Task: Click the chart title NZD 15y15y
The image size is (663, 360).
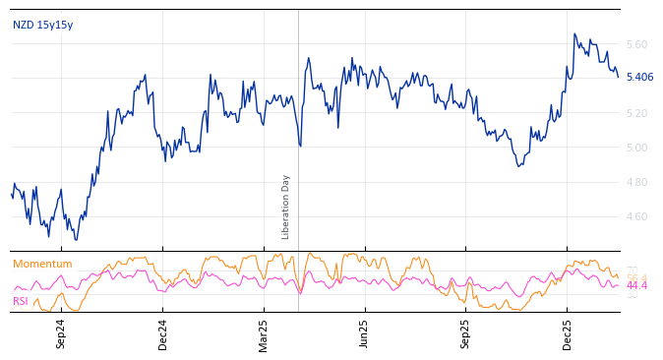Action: click(x=42, y=26)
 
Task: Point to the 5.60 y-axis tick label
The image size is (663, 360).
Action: click(x=636, y=45)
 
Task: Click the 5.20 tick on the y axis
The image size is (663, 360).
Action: click(x=636, y=114)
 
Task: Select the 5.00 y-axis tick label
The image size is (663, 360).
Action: click(x=636, y=149)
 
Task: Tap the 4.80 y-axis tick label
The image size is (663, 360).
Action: click(x=636, y=183)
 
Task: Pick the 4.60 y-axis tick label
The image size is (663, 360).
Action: click(x=636, y=217)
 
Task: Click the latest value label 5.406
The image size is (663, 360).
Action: click(x=639, y=78)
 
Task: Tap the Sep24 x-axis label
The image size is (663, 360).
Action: click(x=61, y=333)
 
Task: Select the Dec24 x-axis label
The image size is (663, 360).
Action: click(x=163, y=333)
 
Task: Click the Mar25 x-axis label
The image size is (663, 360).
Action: click(x=264, y=333)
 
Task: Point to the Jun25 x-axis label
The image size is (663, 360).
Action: click(x=364, y=333)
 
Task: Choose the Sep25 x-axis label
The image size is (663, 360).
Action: click(x=465, y=333)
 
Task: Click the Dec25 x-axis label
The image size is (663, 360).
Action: click(x=567, y=333)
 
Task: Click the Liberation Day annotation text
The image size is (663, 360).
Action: click(x=286, y=207)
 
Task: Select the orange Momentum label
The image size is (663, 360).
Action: click(x=42, y=265)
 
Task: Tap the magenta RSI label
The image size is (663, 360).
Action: click(x=21, y=302)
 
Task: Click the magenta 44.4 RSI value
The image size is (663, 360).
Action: click(x=636, y=286)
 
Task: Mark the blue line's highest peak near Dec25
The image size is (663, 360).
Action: click(x=574, y=34)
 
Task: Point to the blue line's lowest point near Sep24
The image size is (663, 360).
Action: click(x=75, y=239)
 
